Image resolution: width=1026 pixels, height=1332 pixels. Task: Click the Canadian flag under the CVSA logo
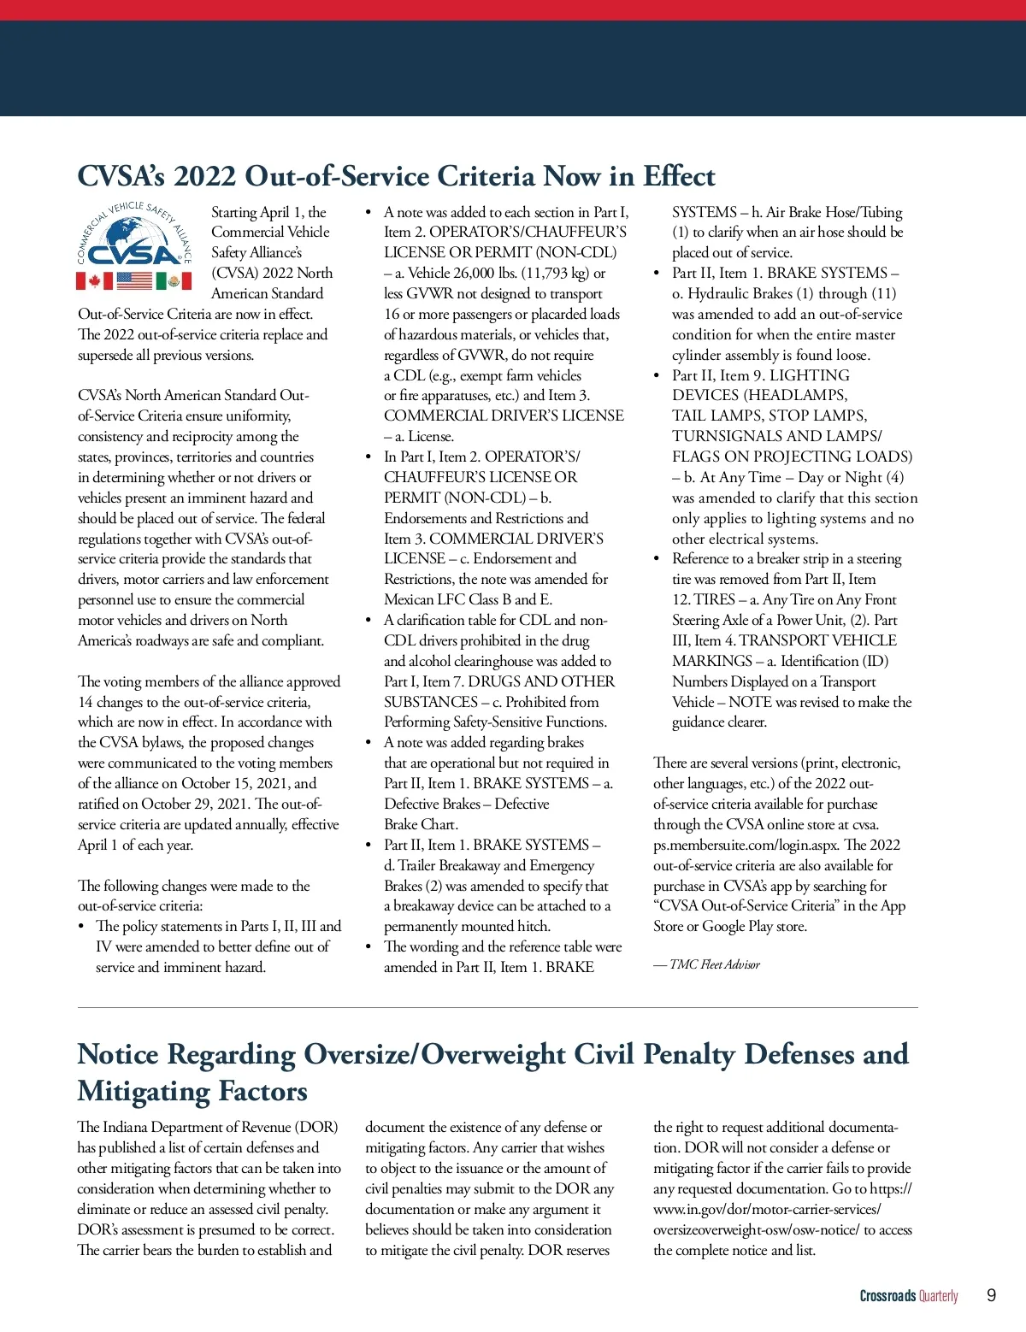pyautogui.click(x=94, y=280)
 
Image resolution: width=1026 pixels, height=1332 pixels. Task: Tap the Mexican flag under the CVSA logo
pyautogui.click(x=174, y=280)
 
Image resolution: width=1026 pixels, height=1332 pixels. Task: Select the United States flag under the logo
pyautogui.click(x=134, y=280)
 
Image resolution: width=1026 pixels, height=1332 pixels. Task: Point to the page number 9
pyautogui.click(x=991, y=1295)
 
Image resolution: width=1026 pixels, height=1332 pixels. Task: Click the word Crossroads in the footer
pyautogui.click(x=887, y=1296)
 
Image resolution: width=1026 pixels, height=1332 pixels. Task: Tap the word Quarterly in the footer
pyautogui.click(x=939, y=1296)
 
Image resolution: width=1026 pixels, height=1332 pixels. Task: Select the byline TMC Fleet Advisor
pyautogui.click(x=715, y=964)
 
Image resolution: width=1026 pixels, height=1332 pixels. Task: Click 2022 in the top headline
pyautogui.click(x=205, y=176)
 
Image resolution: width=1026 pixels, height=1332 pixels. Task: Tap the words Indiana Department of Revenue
pyautogui.click(x=198, y=1127)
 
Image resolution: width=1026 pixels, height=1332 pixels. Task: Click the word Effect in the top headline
pyautogui.click(x=679, y=176)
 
